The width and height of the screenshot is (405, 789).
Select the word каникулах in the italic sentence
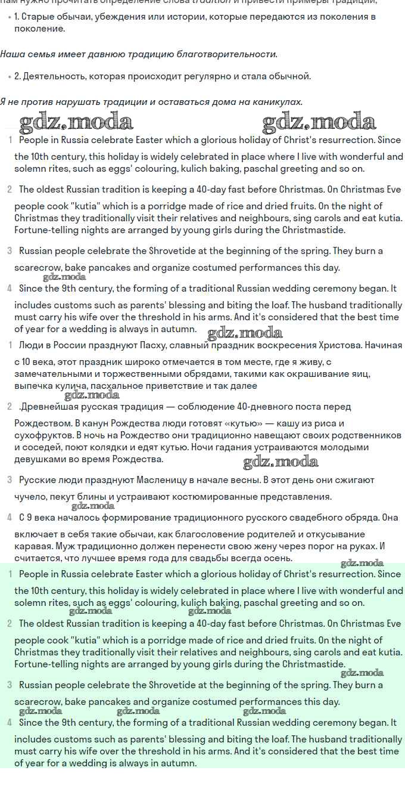click(281, 102)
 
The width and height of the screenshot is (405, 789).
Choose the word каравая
click(32, 546)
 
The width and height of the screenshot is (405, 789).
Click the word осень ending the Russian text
click(278, 558)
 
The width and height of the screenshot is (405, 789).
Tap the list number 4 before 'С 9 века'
click(10, 518)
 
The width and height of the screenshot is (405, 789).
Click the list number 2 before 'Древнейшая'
click(10, 407)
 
